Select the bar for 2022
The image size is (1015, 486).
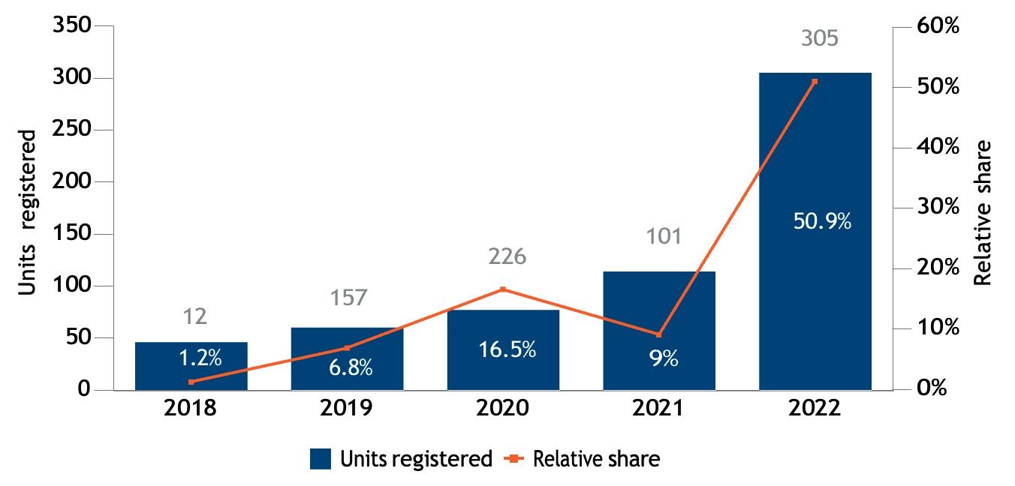pos(815,150)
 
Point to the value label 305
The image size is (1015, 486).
pos(820,38)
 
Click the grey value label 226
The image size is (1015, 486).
pos(507,256)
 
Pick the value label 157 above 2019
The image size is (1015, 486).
pos(349,297)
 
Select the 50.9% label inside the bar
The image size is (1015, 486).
pos(822,221)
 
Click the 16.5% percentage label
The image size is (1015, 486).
pos(507,349)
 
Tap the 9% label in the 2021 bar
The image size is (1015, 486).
pos(664,359)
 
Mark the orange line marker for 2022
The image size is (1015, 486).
pos(815,82)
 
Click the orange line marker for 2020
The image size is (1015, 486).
pos(503,289)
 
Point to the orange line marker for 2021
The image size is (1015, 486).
pos(659,334)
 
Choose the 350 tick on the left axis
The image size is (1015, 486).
pos(72,26)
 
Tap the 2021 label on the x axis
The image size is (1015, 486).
pos(659,409)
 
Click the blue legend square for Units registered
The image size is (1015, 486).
pos(321,459)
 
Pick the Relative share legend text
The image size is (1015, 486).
pos(596,459)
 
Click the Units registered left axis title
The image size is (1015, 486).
pos(27,212)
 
